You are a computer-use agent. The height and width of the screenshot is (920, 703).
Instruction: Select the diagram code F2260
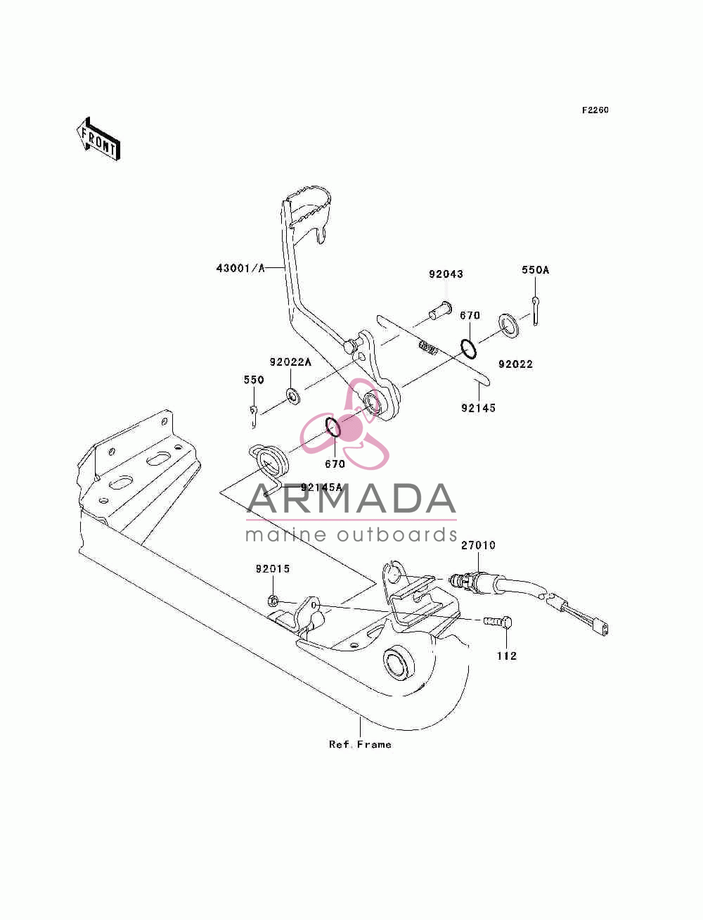point(595,110)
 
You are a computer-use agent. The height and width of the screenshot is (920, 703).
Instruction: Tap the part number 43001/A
point(240,268)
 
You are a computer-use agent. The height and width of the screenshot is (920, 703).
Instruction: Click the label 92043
point(446,274)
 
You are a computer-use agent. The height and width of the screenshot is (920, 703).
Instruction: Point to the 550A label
point(535,270)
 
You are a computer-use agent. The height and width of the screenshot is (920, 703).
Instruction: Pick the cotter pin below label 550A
point(536,311)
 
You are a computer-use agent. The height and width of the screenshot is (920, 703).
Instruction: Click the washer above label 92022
point(508,325)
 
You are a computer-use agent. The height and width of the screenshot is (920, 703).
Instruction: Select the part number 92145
point(478,408)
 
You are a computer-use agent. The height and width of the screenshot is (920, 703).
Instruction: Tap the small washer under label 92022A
point(292,396)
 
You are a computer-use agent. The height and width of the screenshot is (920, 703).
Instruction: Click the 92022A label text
point(290,362)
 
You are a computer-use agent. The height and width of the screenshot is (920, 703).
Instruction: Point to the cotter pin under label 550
point(254,416)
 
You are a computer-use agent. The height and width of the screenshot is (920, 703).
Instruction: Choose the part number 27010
point(478,545)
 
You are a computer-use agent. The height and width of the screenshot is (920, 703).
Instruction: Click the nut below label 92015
point(272,601)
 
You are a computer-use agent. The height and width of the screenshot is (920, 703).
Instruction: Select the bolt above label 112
point(497,621)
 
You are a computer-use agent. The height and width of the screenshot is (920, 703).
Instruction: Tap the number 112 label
point(507,656)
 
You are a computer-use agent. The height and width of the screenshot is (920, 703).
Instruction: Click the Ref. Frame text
point(361,744)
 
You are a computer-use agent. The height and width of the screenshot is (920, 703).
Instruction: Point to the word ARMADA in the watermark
point(351,499)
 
